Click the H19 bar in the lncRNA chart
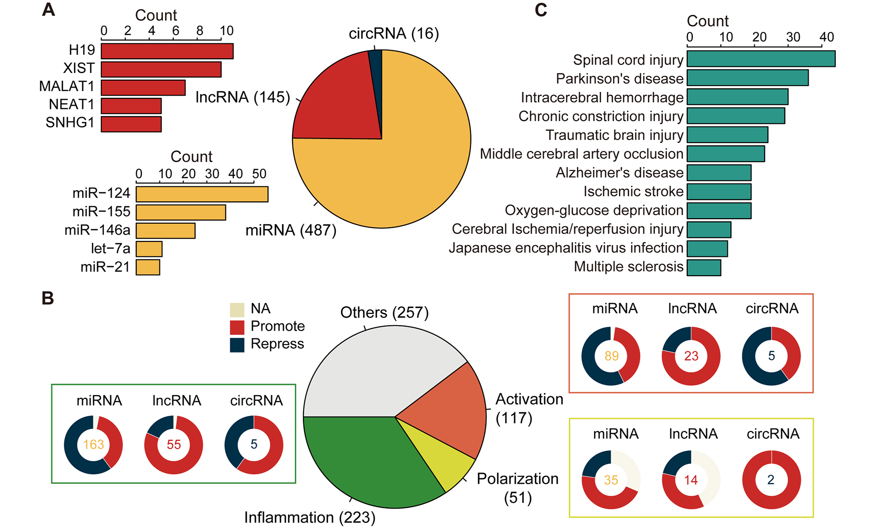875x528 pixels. point(167,51)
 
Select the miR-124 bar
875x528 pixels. point(202,194)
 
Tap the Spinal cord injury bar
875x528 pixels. point(761,59)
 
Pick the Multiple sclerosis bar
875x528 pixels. point(704,268)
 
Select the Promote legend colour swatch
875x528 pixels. point(237,327)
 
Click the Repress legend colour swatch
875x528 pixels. point(237,345)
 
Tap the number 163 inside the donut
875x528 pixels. point(93,445)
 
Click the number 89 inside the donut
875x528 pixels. point(611,356)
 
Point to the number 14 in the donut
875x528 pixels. point(691,480)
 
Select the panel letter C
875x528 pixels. point(540,10)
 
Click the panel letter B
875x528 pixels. point(48,298)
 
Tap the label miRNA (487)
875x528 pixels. point(291,231)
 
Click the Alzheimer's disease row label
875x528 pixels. point(619,173)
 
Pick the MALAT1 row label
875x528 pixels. point(67,87)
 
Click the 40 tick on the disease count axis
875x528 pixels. point(826,37)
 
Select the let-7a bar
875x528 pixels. point(149,249)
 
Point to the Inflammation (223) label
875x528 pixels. point(309,518)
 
